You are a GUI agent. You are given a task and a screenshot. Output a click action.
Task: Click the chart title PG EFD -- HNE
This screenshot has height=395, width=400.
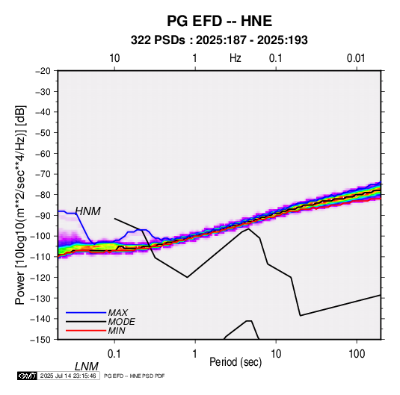pyautogui.click(x=219, y=21)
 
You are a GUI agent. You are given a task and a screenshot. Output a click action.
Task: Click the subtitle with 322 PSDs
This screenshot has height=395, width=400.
pyautogui.click(x=219, y=40)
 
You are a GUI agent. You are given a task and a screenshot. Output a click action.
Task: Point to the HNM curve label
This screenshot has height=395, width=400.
pyautogui.click(x=88, y=211)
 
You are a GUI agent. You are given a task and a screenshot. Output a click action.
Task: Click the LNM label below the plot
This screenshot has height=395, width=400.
pyautogui.click(x=87, y=367)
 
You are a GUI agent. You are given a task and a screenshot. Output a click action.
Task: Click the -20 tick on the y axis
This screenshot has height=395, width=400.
pyautogui.click(x=43, y=71)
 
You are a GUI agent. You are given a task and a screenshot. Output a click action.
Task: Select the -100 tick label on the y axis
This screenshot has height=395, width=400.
pyautogui.click(x=40, y=236)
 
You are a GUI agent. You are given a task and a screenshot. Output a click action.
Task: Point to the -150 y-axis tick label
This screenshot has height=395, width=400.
pyautogui.click(x=40, y=340)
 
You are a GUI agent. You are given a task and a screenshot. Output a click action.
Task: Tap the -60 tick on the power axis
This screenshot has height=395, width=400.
pyautogui.click(x=43, y=153)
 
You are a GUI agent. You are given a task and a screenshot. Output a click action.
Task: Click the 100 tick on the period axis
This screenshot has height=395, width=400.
pyautogui.click(x=357, y=354)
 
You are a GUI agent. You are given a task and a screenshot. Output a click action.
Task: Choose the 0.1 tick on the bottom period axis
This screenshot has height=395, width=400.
pyautogui.click(x=114, y=354)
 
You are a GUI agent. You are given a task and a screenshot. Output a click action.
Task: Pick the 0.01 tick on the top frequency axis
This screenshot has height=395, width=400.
pyautogui.click(x=356, y=58)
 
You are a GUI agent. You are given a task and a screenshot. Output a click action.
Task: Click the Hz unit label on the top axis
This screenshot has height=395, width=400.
pyautogui.click(x=236, y=58)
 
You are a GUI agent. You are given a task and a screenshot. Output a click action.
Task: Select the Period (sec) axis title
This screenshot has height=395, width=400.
pyautogui.click(x=236, y=362)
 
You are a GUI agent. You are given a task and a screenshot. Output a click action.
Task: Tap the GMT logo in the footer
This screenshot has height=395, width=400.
pyautogui.click(x=28, y=376)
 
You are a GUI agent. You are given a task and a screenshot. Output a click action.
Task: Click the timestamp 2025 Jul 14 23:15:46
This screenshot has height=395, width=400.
pyautogui.click(x=68, y=376)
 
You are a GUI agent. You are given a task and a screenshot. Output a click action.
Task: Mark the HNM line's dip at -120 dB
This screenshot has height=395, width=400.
pyautogui.click(x=187, y=277)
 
